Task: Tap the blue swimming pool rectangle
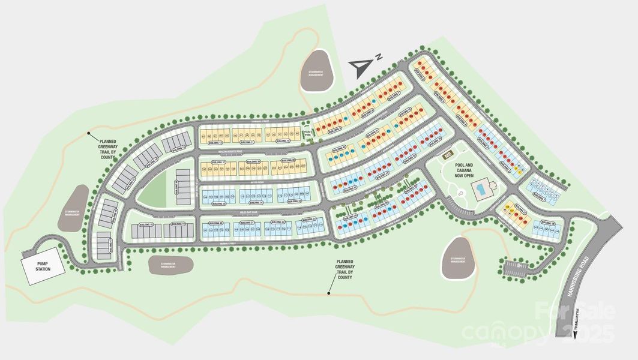[481, 192]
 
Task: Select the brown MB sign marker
[448, 155]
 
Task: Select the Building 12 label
[214, 143]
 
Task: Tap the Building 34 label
[247, 203]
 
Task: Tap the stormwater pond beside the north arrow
[316, 71]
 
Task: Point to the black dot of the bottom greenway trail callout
[328, 293]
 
